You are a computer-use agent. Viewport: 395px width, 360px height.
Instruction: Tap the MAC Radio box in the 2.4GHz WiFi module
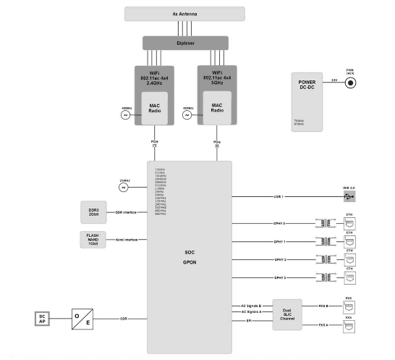click(155, 108)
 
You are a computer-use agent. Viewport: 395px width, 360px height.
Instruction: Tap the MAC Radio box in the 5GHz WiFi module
click(217, 108)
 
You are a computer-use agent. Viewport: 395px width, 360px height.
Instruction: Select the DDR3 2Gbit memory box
click(93, 212)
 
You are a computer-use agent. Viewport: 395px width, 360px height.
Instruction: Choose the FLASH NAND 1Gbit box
click(93, 239)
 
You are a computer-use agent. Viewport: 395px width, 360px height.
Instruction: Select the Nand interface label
click(126, 238)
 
